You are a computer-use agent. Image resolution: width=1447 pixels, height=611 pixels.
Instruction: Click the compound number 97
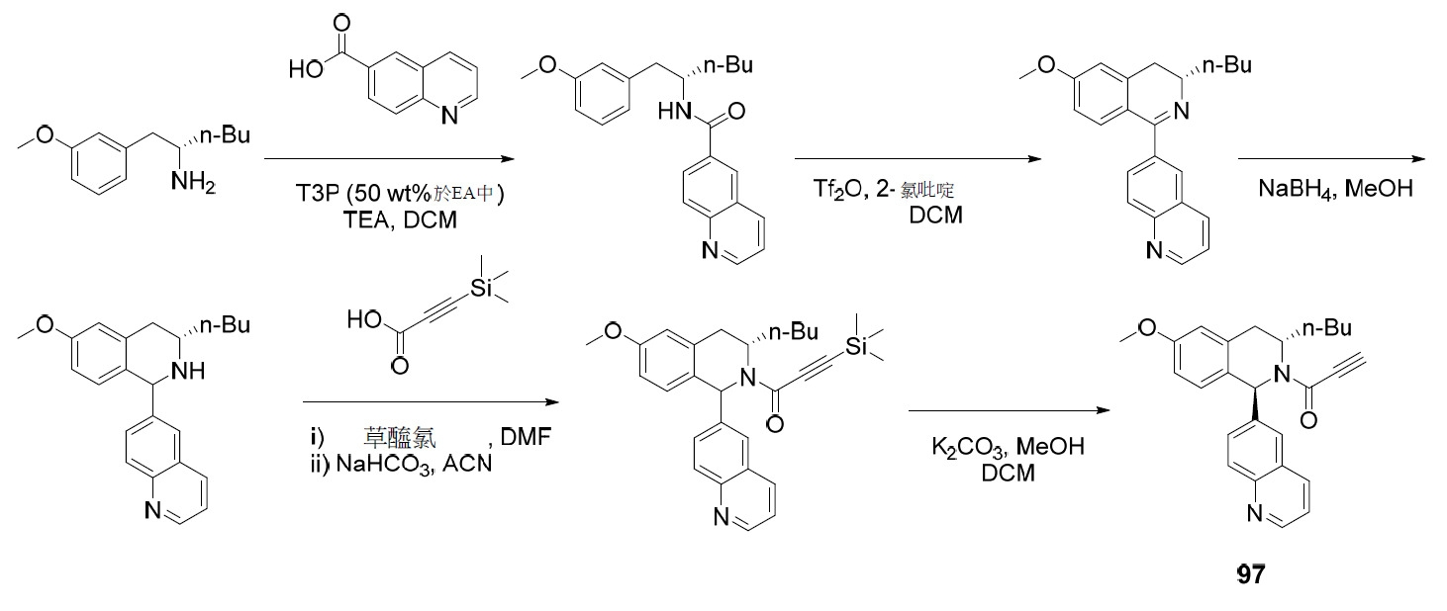1251,573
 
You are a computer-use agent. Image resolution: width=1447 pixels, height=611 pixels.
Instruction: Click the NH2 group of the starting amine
193,183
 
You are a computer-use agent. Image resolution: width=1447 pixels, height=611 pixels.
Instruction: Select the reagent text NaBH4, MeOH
1335,189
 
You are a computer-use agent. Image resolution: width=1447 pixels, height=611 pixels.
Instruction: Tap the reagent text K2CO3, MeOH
1008,447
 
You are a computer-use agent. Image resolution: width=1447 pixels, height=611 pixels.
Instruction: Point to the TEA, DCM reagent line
400,220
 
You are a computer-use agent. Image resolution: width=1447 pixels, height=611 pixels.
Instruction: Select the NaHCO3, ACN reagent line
414,464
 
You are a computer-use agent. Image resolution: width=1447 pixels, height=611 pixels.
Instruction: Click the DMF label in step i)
526,437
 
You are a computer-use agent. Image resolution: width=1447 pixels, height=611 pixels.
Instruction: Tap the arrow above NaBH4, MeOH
1331,158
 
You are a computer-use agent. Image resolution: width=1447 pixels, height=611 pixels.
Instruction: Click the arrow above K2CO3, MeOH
1009,411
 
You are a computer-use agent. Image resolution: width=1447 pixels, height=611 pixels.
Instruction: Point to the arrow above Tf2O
917,158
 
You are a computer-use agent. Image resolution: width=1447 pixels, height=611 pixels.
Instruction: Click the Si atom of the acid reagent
481,289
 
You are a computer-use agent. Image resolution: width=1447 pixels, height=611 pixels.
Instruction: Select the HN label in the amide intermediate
674,112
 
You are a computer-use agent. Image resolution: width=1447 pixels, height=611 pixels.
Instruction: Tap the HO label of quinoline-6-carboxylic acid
306,68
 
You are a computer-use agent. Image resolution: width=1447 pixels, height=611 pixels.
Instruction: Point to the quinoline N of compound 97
1255,513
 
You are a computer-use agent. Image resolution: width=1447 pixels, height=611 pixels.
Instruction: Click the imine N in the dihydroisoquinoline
1182,111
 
